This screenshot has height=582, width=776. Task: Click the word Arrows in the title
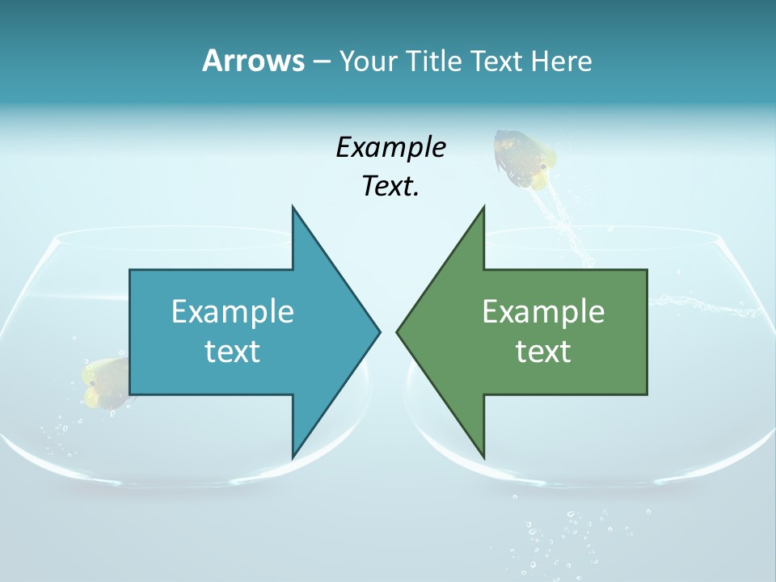click(x=253, y=61)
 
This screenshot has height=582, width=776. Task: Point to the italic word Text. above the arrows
click(x=390, y=187)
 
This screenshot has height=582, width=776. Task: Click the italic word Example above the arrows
click(x=390, y=148)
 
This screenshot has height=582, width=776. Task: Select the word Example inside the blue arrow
click(x=233, y=312)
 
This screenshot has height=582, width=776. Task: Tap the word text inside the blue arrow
click(x=233, y=352)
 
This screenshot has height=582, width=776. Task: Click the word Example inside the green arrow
click(x=543, y=312)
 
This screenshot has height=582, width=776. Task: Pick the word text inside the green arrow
click(x=543, y=352)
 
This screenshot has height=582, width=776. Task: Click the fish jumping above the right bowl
click(x=525, y=158)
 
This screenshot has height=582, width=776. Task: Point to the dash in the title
click(x=321, y=61)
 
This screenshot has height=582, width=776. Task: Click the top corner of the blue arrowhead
click(x=293, y=209)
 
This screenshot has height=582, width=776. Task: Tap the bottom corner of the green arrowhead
click(x=483, y=456)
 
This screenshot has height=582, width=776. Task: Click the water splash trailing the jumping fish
click(x=566, y=230)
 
